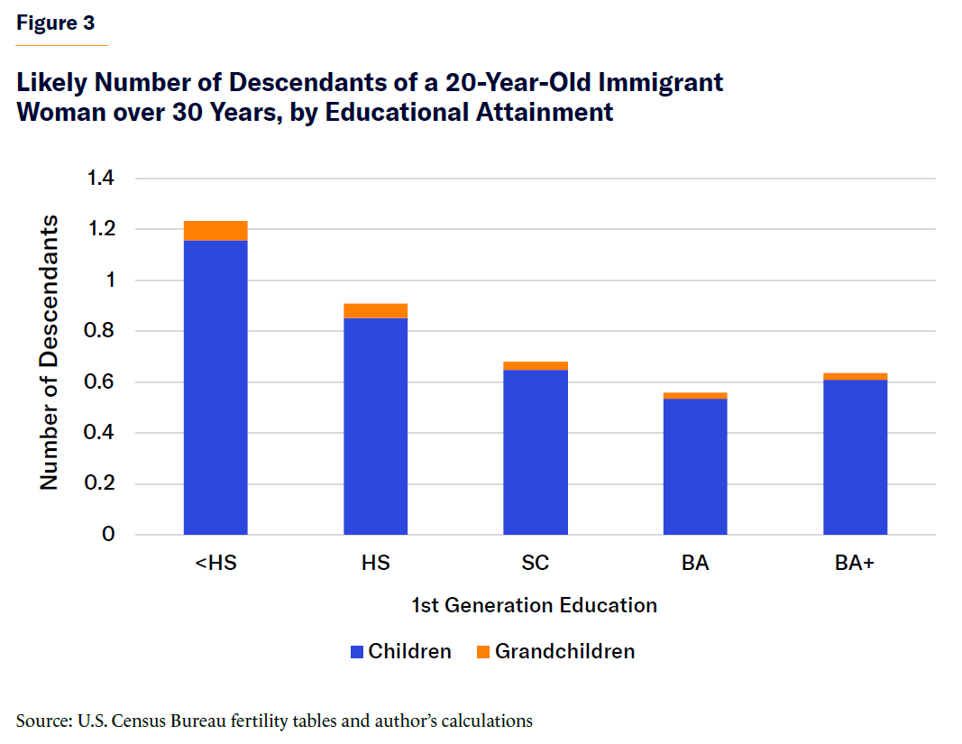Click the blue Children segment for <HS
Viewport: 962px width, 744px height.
pyautogui.click(x=215, y=388)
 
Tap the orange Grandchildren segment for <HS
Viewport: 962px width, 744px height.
pyautogui.click(x=215, y=231)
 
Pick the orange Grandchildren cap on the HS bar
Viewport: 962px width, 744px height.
pyautogui.click(x=375, y=311)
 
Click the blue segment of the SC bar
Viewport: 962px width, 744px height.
pyautogui.click(x=536, y=452)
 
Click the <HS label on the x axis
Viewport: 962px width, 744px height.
pyautogui.click(x=215, y=564)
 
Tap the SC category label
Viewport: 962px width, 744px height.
pyautogui.click(x=536, y=564)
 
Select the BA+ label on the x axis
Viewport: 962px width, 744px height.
pyautogui.click(x=855, y=564)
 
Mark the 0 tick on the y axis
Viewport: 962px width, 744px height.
pyautogui.click(x=108, y=535)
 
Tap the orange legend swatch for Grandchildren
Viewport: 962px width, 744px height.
pyautogui.click(x=482, y=651)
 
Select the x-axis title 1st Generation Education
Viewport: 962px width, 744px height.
pyautogui.click(x=534, y=605)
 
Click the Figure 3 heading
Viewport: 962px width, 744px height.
pyautogui.click(x=55, y=23)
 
